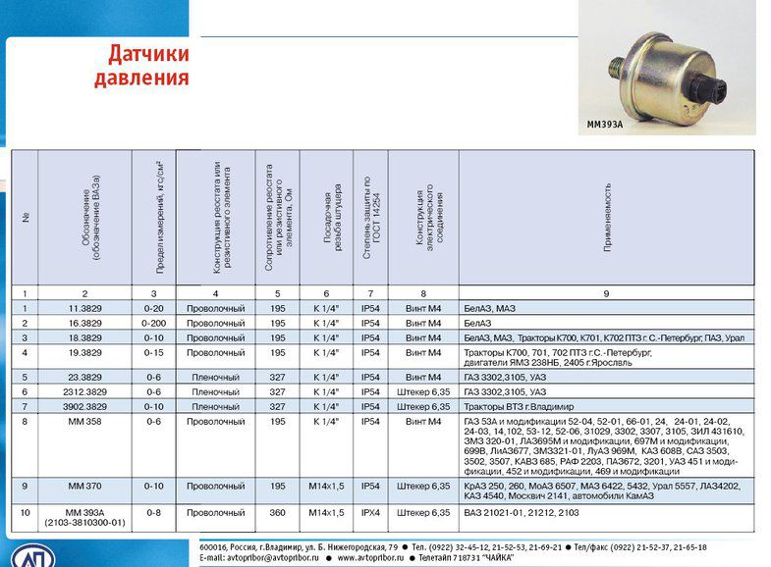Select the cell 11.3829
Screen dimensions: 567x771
84,308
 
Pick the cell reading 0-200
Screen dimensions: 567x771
152,322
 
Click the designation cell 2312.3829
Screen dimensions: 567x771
84,390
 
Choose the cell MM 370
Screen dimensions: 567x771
84,486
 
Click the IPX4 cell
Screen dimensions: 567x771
369,512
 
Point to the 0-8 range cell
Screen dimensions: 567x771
152,512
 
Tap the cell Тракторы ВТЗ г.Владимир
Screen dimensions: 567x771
525,405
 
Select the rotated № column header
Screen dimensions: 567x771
25,218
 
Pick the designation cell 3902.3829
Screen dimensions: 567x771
84,405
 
